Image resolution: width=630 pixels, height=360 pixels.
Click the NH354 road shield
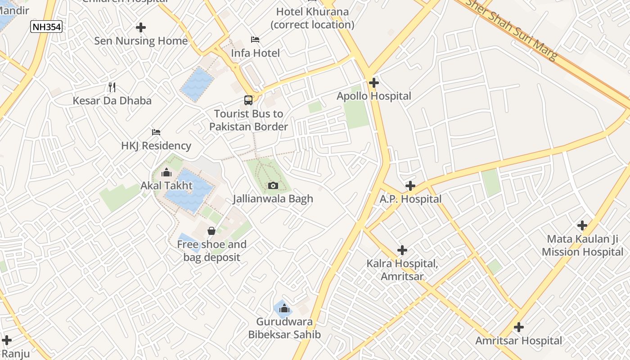(x=46, y=27)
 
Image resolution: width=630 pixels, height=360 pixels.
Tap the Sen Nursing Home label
(x=141, y=41)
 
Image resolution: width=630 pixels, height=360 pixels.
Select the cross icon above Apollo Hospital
(x=373, y=83)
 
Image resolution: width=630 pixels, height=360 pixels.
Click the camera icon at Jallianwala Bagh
(x=273, y=185)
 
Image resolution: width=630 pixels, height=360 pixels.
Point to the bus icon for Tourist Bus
(x=248, y=100)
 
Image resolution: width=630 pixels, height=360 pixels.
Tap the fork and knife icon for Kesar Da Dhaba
(x=112, y=87)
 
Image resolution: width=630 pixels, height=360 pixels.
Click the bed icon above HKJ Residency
(x=156, y=132)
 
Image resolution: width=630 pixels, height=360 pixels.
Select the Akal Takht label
(x=166, y=185)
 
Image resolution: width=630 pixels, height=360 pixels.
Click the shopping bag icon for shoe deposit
(x=211, y=231)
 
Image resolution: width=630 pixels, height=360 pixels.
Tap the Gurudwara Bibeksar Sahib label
(x=284, y=328)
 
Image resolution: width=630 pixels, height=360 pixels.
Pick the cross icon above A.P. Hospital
(x=410, y=185)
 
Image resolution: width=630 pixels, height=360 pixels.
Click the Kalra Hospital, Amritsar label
(x=402, y=270)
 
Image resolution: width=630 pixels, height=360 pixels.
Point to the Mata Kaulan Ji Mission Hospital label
(x=582, y=245)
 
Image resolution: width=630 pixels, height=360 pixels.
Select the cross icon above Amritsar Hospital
(x=519, y=327)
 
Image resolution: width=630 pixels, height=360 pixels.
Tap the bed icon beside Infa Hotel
(x=255, y=40)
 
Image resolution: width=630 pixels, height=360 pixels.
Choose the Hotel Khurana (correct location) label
(x=312, y=18)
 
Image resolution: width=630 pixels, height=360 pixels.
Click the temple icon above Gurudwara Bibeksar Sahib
(x=284, y=308)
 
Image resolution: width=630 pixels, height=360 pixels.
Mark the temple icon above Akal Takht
(x=166, y=172)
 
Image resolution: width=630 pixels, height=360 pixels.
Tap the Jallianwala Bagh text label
(x=273, y=199)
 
